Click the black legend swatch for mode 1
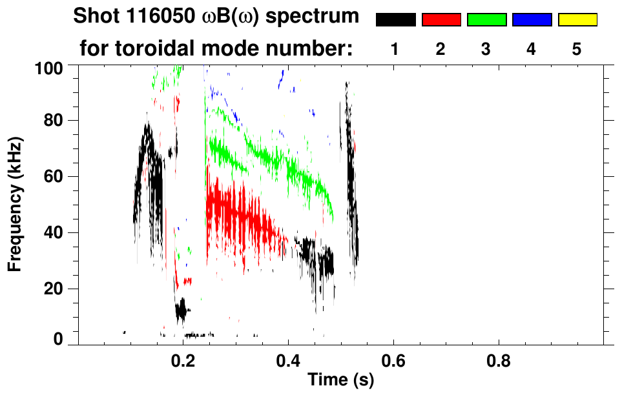click(x=395, y=19)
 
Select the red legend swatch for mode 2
click(x=441, y=19)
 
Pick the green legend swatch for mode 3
click(x=486, y=19)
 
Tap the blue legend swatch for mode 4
click(x=532, y=19)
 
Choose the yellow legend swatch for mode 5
click(x=577, y=19)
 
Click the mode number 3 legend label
click(x=486, y=49)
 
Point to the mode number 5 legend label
click(x=577, y=49)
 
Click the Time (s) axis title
click(x=340, y=381)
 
